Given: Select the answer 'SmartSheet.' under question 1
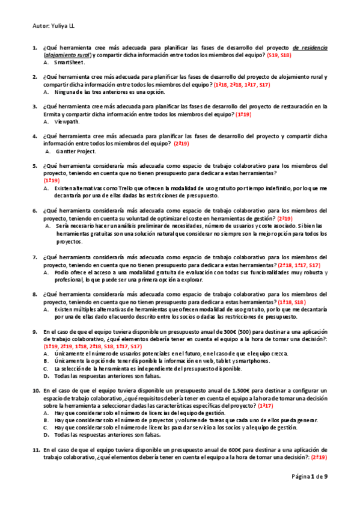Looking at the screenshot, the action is [70, 62].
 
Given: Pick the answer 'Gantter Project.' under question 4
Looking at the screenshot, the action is [75, 151].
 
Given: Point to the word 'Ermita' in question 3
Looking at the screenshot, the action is [53, 114].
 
